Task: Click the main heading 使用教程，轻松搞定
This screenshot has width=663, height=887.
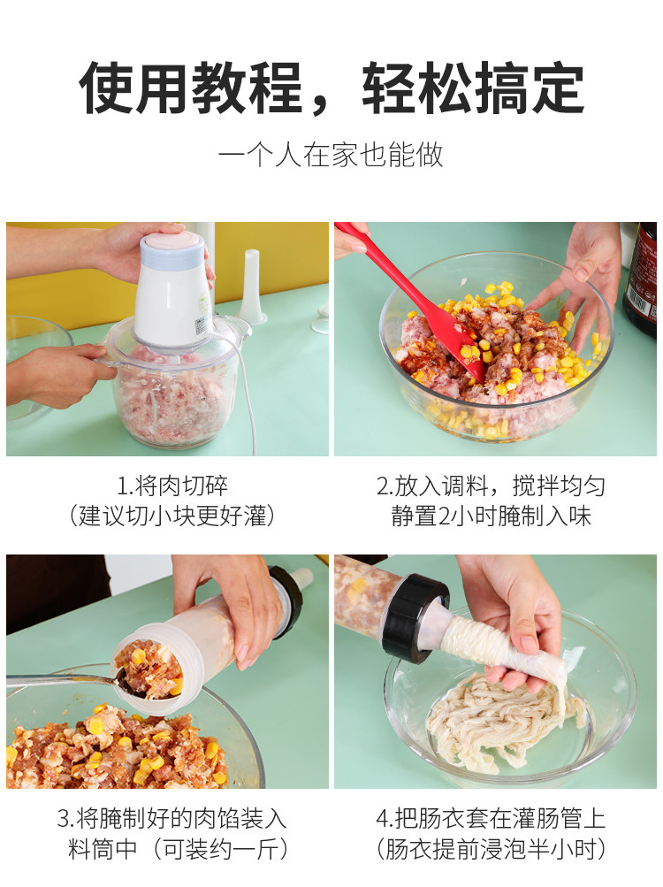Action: coord(331,88)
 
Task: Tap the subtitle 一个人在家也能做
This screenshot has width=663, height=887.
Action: coord(331,155)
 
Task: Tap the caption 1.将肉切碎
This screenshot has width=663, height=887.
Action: coord(172,486)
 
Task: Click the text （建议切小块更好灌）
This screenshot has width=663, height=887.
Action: coord(172,516)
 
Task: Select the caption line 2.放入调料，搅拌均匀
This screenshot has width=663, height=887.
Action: coord(491,486)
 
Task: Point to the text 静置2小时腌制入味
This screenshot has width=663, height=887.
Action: coord(491,516)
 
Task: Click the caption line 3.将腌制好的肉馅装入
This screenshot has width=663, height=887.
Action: coord(172,819)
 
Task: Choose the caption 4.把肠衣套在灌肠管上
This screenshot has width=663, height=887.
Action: coord(491,819)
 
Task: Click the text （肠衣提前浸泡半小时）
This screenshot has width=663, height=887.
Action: coord(491,849)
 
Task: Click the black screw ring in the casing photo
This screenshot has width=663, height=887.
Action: coord(413,618)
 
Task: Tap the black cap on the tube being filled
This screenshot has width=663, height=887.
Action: coord(287,600)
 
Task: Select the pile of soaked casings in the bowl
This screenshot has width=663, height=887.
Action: coord(504,717)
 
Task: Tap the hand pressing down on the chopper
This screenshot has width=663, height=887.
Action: coord(141,249)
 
